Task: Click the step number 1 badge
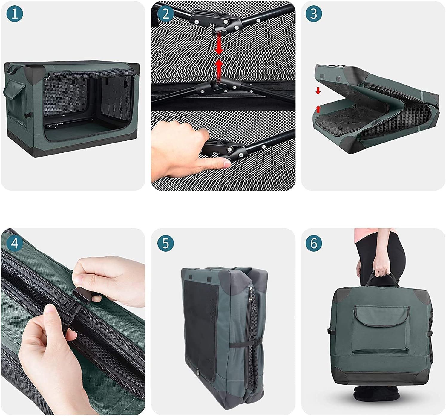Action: coord(15,14)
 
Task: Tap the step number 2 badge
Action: coord(165,14)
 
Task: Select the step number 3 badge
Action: coord(314,14)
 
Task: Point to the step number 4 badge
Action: coord(15,243)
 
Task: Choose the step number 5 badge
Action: coord(165,243)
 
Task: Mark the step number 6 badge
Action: coord(314,243)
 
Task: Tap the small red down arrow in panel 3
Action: coord(318,91)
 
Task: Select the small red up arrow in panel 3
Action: coord(318,109)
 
